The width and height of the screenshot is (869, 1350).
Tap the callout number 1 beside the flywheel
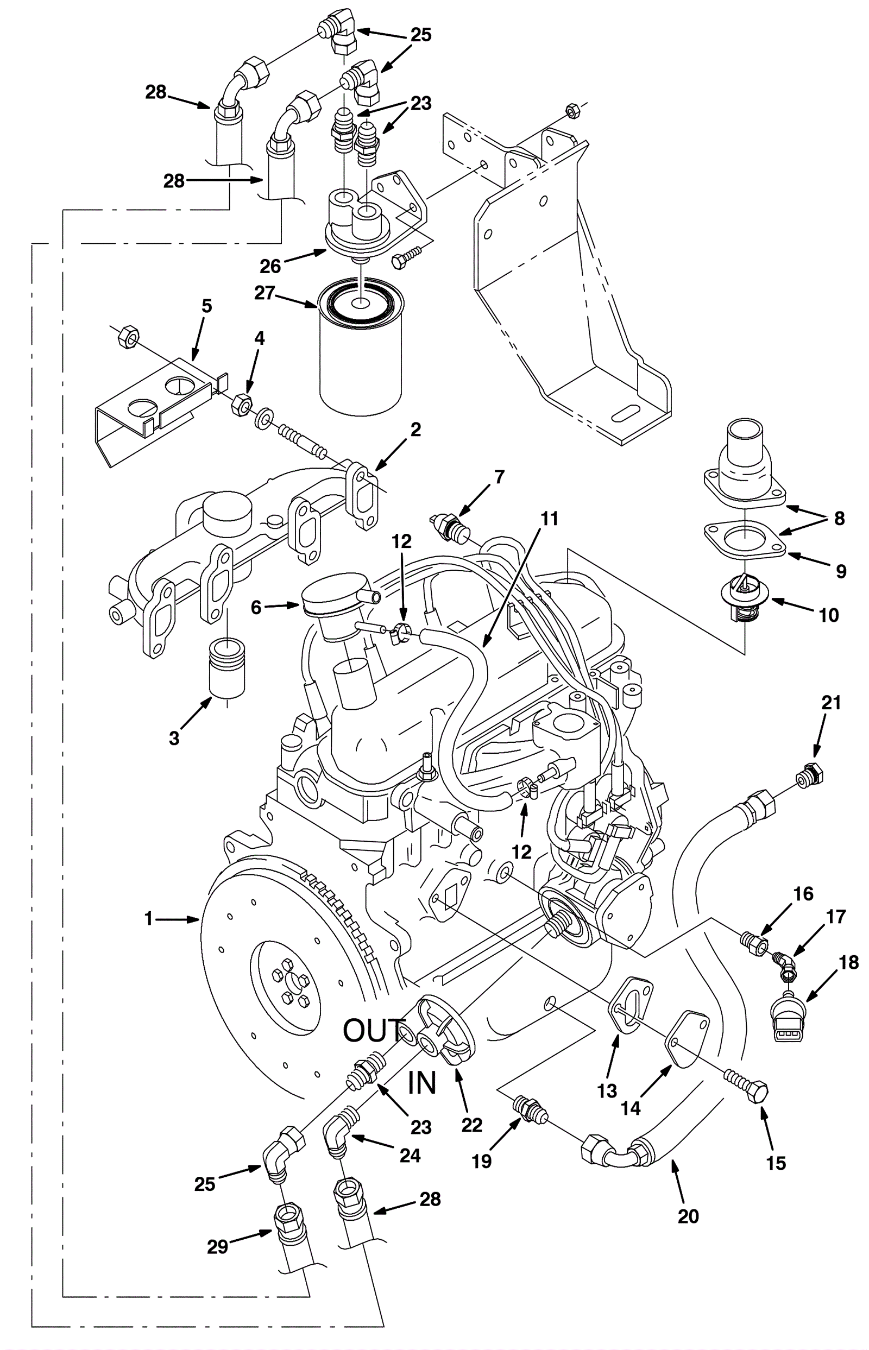click(x=148, y=919)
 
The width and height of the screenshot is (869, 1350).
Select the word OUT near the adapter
click(x=374, y=1031)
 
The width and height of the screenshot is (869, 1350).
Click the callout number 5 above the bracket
click(x=206, y=306)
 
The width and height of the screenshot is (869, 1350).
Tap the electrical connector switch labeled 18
click(x=789, y=1021)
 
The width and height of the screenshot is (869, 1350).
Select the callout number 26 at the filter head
click(x=270, y=265)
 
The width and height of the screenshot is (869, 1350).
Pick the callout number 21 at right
click(x=831, y=703)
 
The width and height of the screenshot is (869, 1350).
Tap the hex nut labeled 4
click(x=242, y=403)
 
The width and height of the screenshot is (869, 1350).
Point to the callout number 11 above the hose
click(x=549, y=519)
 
